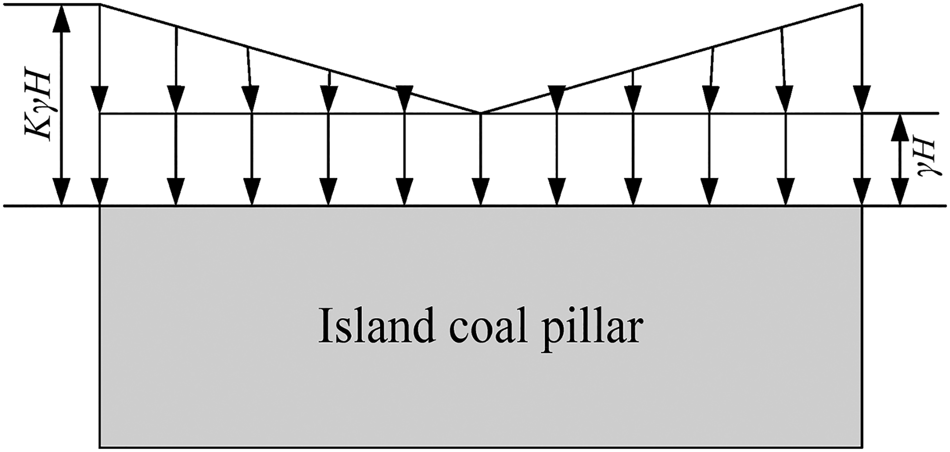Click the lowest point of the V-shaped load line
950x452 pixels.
[481, 113]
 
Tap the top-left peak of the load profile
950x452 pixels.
[100, 4]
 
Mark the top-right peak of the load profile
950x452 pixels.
[862, 4]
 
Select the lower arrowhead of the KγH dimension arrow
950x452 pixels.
[61, 192]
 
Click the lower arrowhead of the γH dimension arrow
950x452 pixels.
[899, 192]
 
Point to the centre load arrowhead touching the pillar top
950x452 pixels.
[481, 192]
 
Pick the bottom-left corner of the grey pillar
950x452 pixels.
[100, 447]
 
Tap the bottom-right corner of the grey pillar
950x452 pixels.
[862, 447]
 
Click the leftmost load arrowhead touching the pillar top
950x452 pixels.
[100, 192]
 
